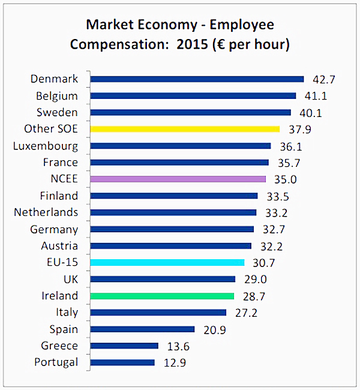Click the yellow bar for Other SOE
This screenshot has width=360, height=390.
[x=185, y=128]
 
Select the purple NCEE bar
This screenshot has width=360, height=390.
[x=178, y=179]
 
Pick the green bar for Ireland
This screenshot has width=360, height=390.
[x=162, y=296]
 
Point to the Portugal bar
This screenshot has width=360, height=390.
[x=122, y=362]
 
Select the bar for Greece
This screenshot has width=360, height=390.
[x=124, y=346]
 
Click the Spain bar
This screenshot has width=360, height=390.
[x=143, y=329]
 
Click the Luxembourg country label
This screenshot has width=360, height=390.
[x=46, y=146]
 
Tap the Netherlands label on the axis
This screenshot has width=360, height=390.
[x=46, y=212]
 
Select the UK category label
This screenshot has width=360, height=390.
[x=70, y=279]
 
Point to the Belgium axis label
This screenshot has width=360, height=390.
[x=57, y=96]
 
